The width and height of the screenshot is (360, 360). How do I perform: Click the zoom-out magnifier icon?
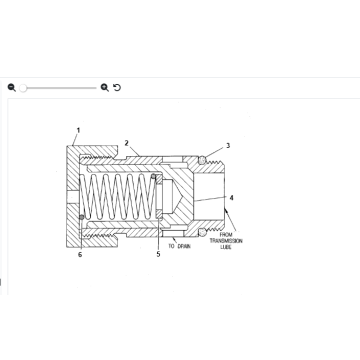click(12, 88)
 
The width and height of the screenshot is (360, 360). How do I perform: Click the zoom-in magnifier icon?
click(105, 88)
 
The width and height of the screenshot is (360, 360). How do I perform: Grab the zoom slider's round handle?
click(23, 88)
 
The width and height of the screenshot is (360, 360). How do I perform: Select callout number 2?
click(126, 143)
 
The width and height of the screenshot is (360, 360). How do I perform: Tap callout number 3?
click(227, 146)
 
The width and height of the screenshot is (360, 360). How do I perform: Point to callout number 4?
click(232, 198)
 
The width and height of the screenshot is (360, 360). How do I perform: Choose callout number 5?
click(157, 254)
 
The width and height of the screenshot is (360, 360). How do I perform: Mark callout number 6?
click(80, 255)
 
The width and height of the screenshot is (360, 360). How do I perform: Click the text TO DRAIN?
click(179, 245)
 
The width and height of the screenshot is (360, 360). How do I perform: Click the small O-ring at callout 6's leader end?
click(80, 217)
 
